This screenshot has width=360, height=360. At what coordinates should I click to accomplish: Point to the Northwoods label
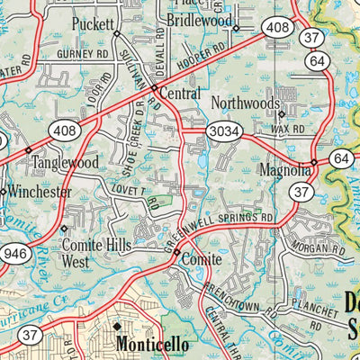[246, 103]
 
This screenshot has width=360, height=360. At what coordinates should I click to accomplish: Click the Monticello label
[152, 343]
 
